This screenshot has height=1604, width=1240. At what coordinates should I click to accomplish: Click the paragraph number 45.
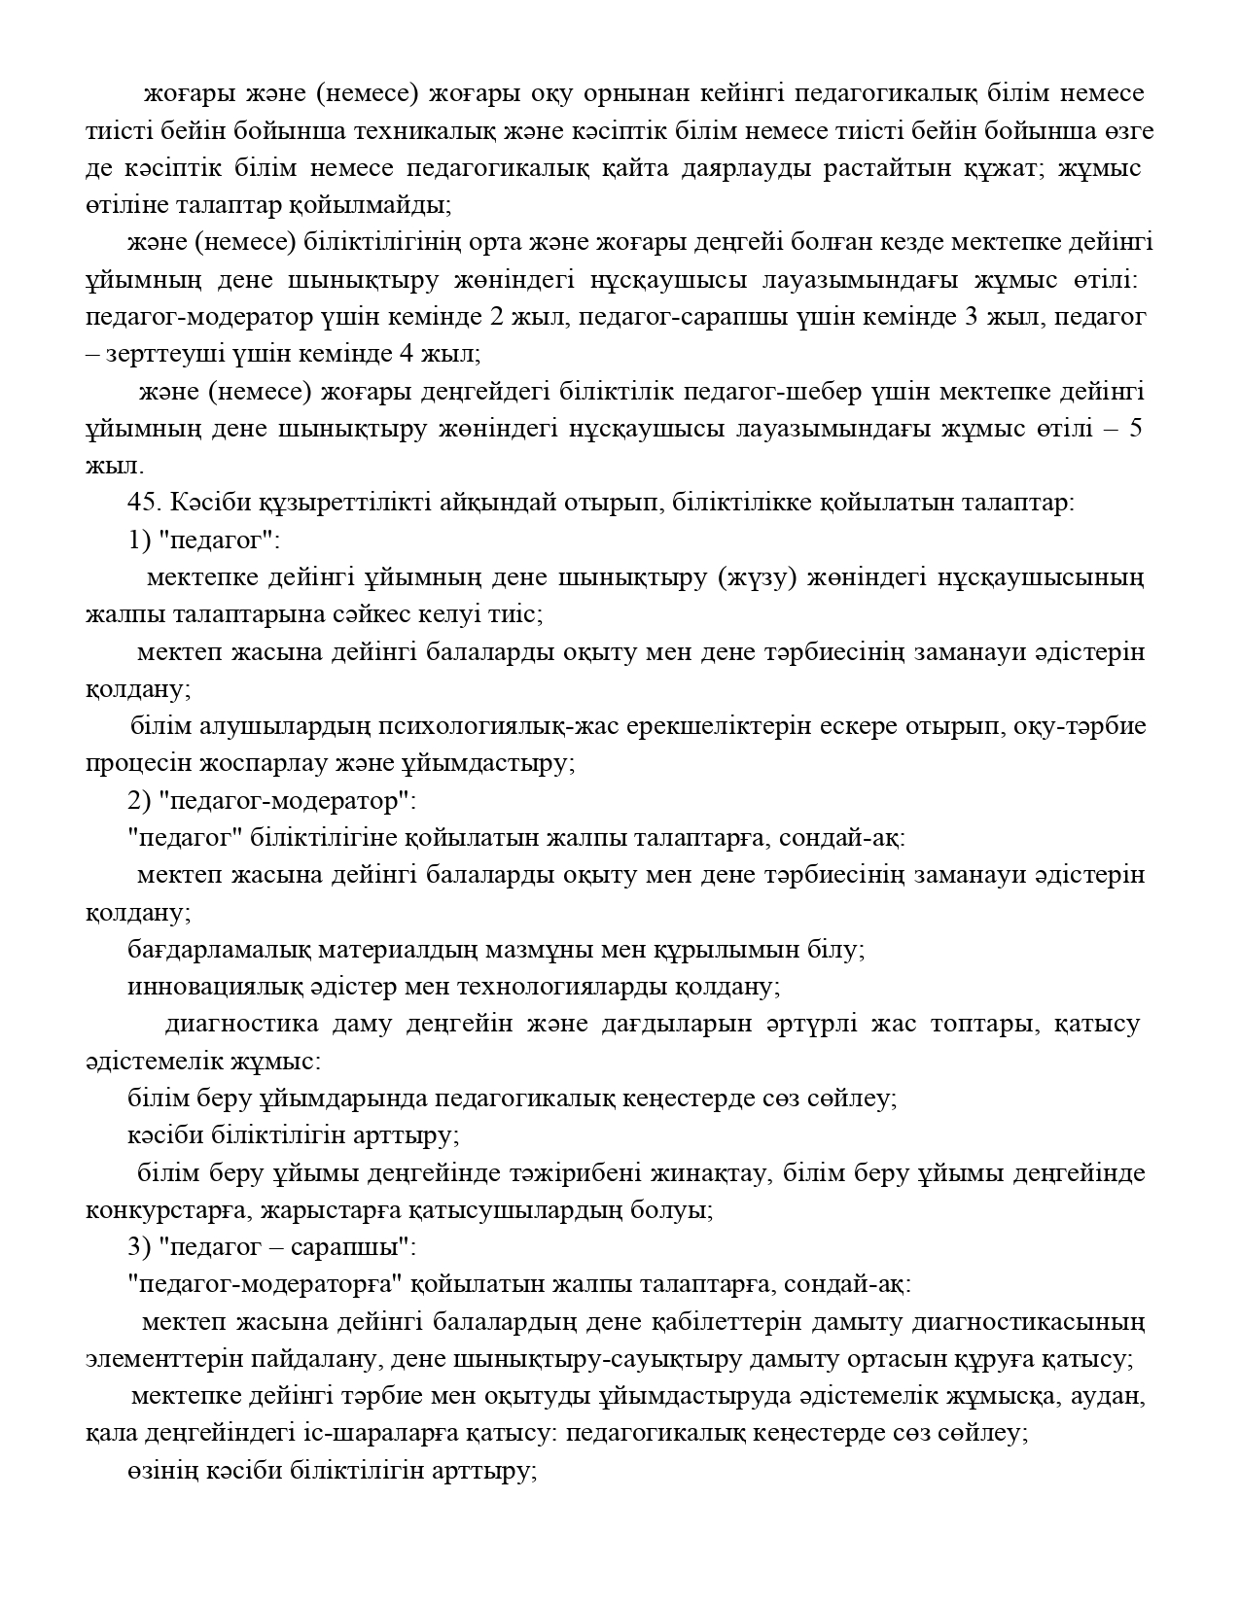click(143, 503)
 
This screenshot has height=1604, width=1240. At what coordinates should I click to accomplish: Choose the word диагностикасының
click(1054, 1322)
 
